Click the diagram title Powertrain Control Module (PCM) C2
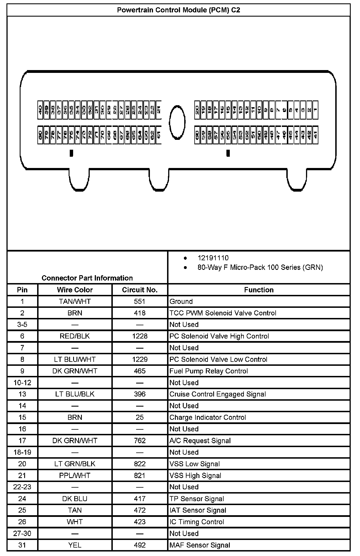pyautogui.click(x=178, y=10)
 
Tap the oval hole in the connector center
pyautogui.click(x=177, y=122)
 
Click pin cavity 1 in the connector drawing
pyautogui.click(x=315, y=110)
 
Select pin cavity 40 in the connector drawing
pyautogui.click(x=40, y=110)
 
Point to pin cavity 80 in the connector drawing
pyautogui.click(x=40, y=135)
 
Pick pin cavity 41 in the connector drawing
pyautogui.click(x=315, y=135)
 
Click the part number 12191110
pyautogui.click(x=213, y=258)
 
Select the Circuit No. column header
pyautogui.click(x=139, y=290)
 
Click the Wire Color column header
pyautogui.click(x=75, y=290)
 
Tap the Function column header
pyautogui.click(x=259, y=290)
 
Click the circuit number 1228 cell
pyautogui.click(x=139, y=336)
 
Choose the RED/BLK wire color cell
pyautogui.click(x=75, y=336)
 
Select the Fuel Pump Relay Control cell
pyautogui.click(x=208, y=371)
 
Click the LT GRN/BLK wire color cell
pyautogui.click(x=75, y=464)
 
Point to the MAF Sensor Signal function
pyautogui.click(x=200, y=545)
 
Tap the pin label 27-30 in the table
pyautogui.click(x=22, y=533)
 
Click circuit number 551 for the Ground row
pyautogui.click(x=139, y=301)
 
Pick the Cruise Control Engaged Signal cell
pyautogui.click(x=217, y=394)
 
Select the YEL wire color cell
pyautogui.click(x=75, y=545)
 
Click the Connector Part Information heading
pyautogui.click(x=87, y=278)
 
